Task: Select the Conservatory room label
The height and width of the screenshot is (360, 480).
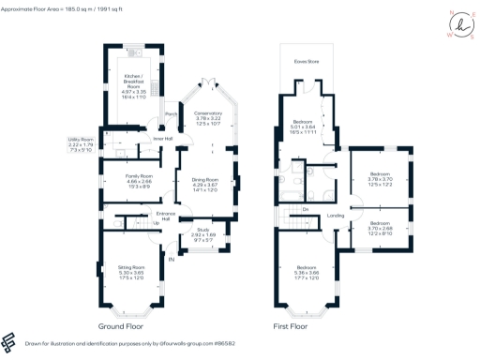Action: pos(207,117)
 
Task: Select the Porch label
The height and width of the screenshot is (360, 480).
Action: pos(172,114)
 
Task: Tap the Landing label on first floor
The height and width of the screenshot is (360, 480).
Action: pos(336,217)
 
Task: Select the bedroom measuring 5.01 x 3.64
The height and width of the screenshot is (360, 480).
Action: pos(303,127)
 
